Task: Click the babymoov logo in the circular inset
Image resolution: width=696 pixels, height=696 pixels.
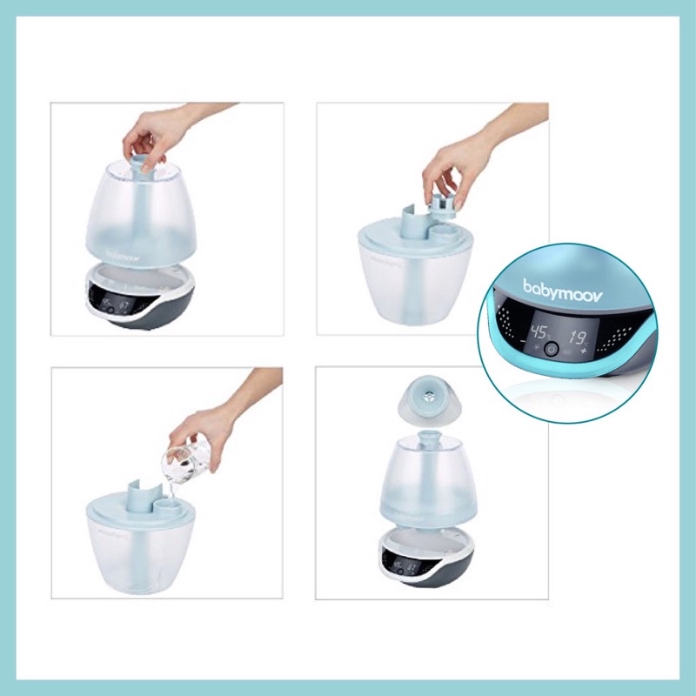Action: coord(554,285)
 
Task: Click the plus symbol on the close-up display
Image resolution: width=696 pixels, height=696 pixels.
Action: coord(584,351)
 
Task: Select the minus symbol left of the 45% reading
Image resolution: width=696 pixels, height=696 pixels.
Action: coord(525,348)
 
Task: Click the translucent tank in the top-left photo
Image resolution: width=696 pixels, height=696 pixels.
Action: coord(153,209)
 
